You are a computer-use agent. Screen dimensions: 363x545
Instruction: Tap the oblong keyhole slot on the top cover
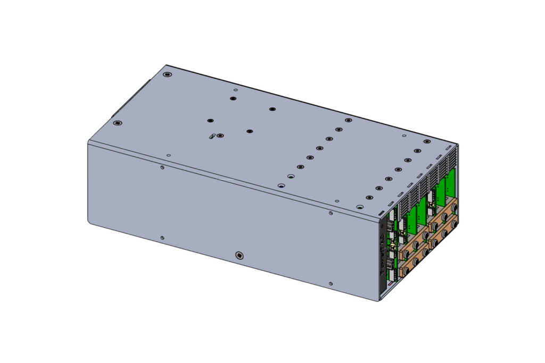212,137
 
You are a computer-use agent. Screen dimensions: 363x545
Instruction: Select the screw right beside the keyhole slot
220,136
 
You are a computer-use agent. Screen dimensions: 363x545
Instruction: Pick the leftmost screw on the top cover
118,123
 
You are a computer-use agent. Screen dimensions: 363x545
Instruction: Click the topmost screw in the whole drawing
168,74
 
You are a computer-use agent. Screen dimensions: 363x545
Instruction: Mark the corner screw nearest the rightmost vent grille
426,142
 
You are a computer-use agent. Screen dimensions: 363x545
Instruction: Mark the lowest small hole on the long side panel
331,284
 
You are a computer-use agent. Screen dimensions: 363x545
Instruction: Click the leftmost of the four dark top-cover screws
210,121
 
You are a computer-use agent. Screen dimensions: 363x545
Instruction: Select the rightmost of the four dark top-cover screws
272,109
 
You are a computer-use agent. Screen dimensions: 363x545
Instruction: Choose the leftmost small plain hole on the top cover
169,156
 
